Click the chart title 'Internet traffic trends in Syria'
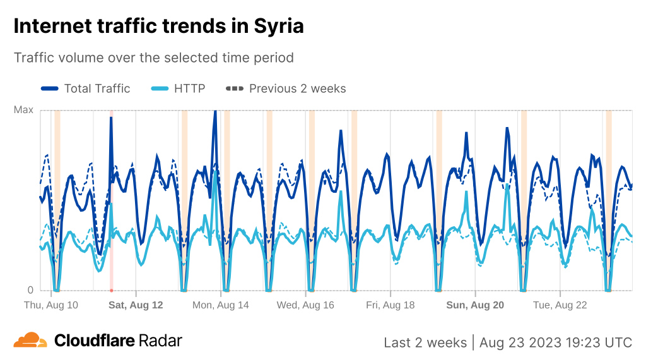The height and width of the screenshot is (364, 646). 158,26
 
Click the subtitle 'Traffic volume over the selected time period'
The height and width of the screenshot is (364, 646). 154,58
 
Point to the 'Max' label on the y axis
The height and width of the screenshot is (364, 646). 23,110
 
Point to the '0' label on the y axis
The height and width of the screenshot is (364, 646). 30,290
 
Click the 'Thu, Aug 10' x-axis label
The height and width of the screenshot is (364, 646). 51,305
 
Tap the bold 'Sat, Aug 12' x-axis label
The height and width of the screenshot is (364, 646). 136,305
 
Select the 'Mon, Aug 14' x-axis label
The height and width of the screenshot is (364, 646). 221,305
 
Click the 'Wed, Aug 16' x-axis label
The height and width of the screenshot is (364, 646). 305,305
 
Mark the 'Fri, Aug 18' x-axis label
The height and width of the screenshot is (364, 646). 390,305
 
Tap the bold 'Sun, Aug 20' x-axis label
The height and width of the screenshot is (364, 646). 475,305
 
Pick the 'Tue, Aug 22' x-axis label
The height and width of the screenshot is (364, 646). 560,305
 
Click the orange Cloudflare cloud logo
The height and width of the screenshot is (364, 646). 30,340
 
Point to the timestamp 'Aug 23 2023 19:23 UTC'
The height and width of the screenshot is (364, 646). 555,343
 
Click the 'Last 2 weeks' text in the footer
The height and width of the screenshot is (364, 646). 425,343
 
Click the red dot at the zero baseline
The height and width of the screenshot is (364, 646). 111,291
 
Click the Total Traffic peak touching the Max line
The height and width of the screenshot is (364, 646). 215,112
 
